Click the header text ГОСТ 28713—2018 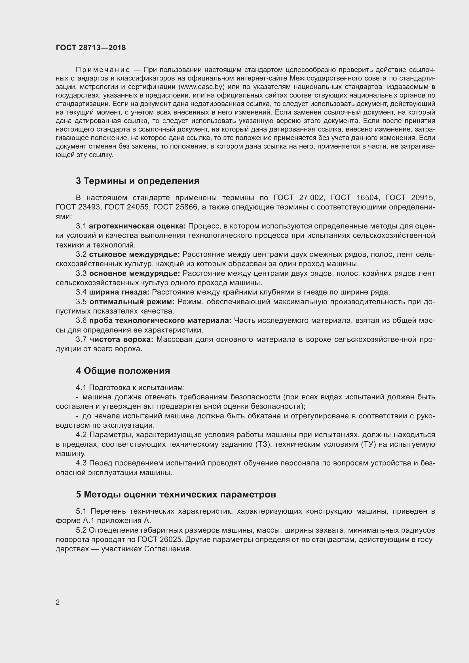click(91, 48)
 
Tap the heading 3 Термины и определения click(138, 181)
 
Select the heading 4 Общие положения click(123, 371)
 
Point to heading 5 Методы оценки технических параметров click(176, 494)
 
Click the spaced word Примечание click(103, 70)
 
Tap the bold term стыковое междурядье click(134, 254)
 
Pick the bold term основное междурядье click(135, 273)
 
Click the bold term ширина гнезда click(119, 292)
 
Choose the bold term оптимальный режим click(132, 302)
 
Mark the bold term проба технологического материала click(160, 321)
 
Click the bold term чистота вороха click(121, 339)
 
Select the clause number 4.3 click(81, 463)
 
